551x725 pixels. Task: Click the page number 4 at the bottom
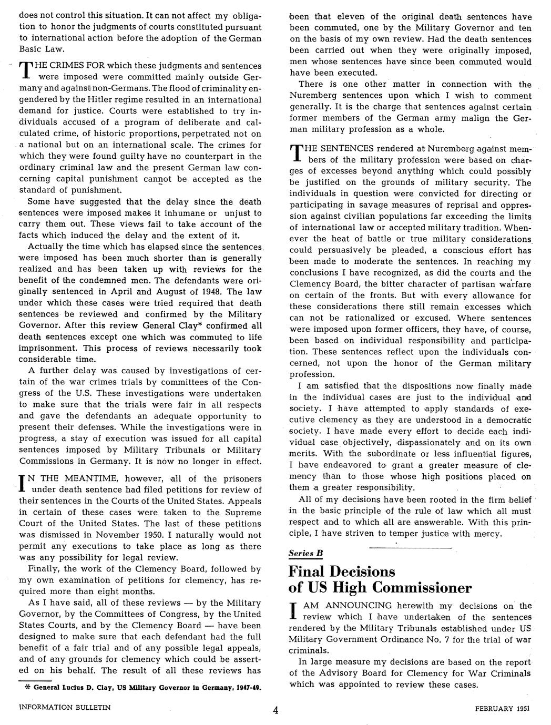pyautogui.click(x=275, y=710)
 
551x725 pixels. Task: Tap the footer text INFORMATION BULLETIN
pyautogui.click(x=65, y=707)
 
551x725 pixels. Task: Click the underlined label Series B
pyautogui.click(x=305, y=553)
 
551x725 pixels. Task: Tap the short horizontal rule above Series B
pyautogui.click(x=410, y=548)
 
